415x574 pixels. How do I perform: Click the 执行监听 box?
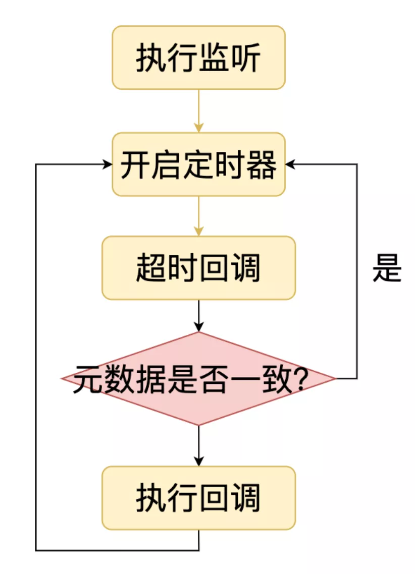click(198, 58)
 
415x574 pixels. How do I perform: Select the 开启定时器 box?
click(198, 164)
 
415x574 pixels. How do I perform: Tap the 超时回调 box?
click(198, 268)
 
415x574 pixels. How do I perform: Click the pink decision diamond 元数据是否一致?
click(198, 378)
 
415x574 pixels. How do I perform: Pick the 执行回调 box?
click(198, 498)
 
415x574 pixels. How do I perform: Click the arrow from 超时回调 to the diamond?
click(198, 315)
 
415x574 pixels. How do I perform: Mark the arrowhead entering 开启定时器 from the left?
click(107, 164)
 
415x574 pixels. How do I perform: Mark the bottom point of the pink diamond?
click(198, 424)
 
